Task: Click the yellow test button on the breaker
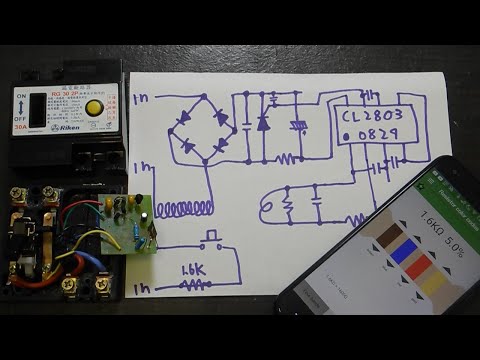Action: (94, 107)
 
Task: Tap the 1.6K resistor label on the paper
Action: (193, 270)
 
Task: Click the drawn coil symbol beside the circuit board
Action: (180, 209)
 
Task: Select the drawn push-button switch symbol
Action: (211, 241)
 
